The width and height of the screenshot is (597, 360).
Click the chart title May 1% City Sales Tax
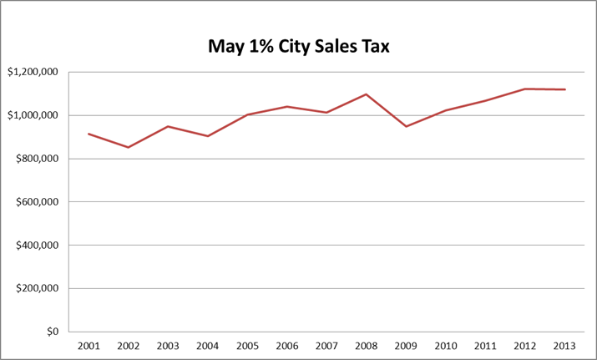[x=299, y=46]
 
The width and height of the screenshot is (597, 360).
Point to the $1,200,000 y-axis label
[x=33, y=72]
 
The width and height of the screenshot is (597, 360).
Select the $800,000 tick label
[x=35, y=159]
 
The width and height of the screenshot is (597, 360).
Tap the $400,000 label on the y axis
[x=35, y=246]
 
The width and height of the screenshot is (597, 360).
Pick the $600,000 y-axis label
[x=35, y=202]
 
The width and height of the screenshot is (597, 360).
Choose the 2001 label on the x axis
[x=88, y=345]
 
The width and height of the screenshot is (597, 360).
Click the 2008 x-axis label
[x=367, y=345]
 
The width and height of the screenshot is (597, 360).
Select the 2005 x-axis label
[x=247, y=345]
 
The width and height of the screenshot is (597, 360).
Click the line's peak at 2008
[x=367, y=94]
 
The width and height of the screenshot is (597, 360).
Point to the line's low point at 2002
[x=128, y=147]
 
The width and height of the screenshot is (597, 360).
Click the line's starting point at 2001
[x=88, y=134]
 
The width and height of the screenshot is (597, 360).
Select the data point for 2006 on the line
[x=287, y=107]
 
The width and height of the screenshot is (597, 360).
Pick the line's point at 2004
[x=207, y=135]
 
